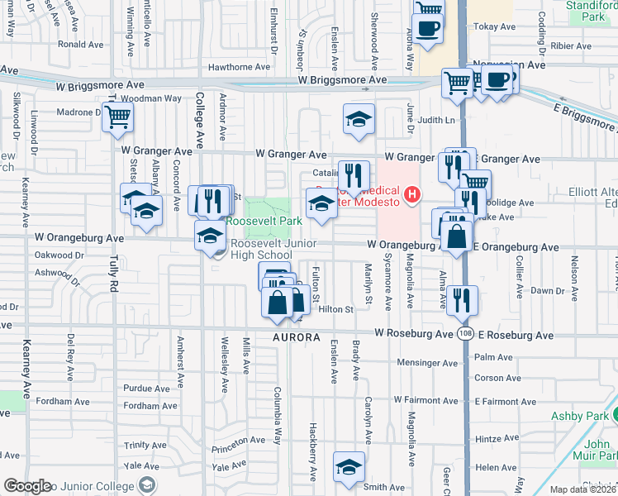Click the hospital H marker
[x=412, y=196]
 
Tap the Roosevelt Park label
[x=265, y=222]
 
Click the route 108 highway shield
[x=464, y=332]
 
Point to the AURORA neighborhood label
[x=297, y=338]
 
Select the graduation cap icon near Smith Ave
[x=349, y=467]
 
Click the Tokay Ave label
[x=495, y=27]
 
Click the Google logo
[x=26, y=487]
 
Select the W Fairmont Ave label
[x=425, y=400]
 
